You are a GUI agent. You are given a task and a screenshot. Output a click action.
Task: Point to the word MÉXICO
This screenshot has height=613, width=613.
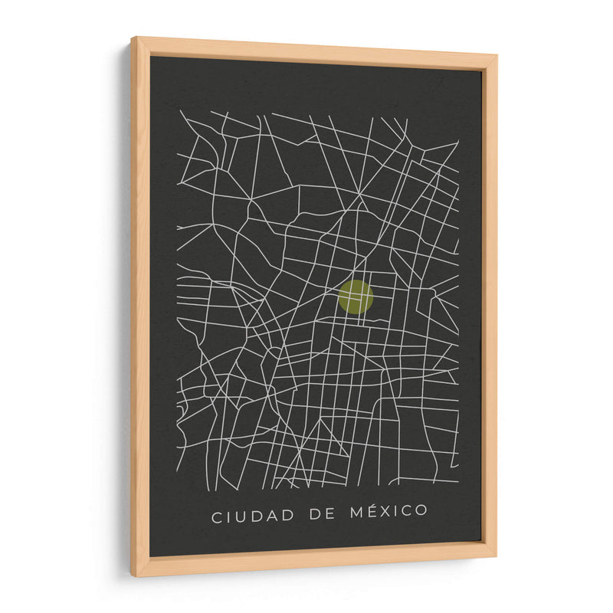point(393,512)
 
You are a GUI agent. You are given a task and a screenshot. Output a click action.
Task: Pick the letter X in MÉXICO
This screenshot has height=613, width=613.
point(393,512)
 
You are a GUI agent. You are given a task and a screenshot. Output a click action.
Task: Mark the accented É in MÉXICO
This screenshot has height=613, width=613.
point(377,511)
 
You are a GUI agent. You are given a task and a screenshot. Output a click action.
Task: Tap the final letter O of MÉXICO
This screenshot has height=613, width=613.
point(421,512)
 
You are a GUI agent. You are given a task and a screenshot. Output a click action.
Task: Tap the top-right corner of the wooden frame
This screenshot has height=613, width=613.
point(496,56)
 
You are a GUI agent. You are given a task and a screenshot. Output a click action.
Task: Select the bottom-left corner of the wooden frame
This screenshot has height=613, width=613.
point(133,575)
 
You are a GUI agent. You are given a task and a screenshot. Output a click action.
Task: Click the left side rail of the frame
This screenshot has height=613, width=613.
point(140,306)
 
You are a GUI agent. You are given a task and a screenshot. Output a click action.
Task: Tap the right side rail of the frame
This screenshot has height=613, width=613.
point(489,306)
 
